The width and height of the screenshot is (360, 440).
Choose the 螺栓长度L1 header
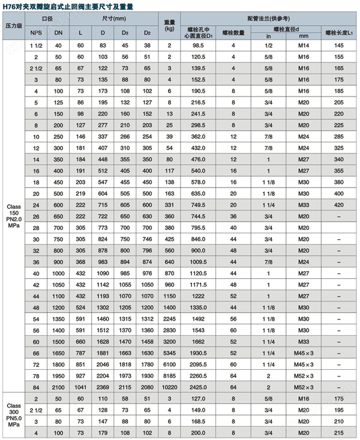point(339,32)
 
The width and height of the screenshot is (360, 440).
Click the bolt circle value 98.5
point(199,46)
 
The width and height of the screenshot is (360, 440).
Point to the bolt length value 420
point(339,204)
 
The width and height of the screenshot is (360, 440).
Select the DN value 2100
point(58,387)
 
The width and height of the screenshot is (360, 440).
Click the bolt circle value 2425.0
point(199,387)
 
